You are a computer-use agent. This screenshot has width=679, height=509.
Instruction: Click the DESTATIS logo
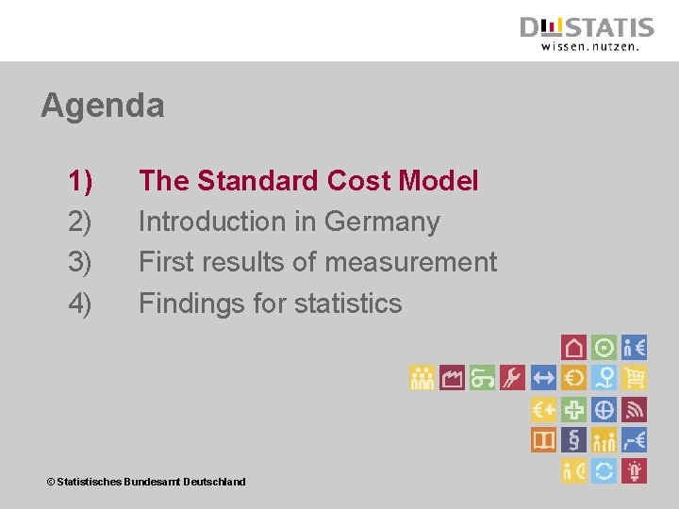[x=586, y=33]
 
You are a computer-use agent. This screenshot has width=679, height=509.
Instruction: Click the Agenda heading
[x=102, y=105]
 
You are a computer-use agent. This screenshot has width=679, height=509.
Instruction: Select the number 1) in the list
[x=80, y=180]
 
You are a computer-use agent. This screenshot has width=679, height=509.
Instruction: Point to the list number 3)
[x=80, y=262]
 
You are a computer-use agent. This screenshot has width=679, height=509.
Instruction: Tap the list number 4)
[x=80, y=304]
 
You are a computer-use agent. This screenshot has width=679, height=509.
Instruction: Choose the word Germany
[x=382, y=222]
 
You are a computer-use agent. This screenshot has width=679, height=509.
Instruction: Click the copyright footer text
[x=146, y=482]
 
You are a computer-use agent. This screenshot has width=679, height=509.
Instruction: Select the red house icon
[x=573, y=347]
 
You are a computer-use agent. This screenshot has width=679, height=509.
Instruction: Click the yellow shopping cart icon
[x=635, y=378]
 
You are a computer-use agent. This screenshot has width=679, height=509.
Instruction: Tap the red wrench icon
[x=512, y=378]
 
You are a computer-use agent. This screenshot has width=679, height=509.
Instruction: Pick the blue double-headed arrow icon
[x=543, y=378]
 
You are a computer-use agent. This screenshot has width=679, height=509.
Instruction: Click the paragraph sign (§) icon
[x=573, y=439]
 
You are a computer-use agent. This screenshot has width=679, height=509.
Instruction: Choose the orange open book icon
[x=543, y=439]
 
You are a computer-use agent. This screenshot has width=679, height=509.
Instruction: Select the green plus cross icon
[x=573, y=409]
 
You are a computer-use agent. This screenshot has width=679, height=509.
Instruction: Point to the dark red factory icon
[x=452, y=378]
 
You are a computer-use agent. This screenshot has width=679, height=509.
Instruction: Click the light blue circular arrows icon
[x=604, y=469]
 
